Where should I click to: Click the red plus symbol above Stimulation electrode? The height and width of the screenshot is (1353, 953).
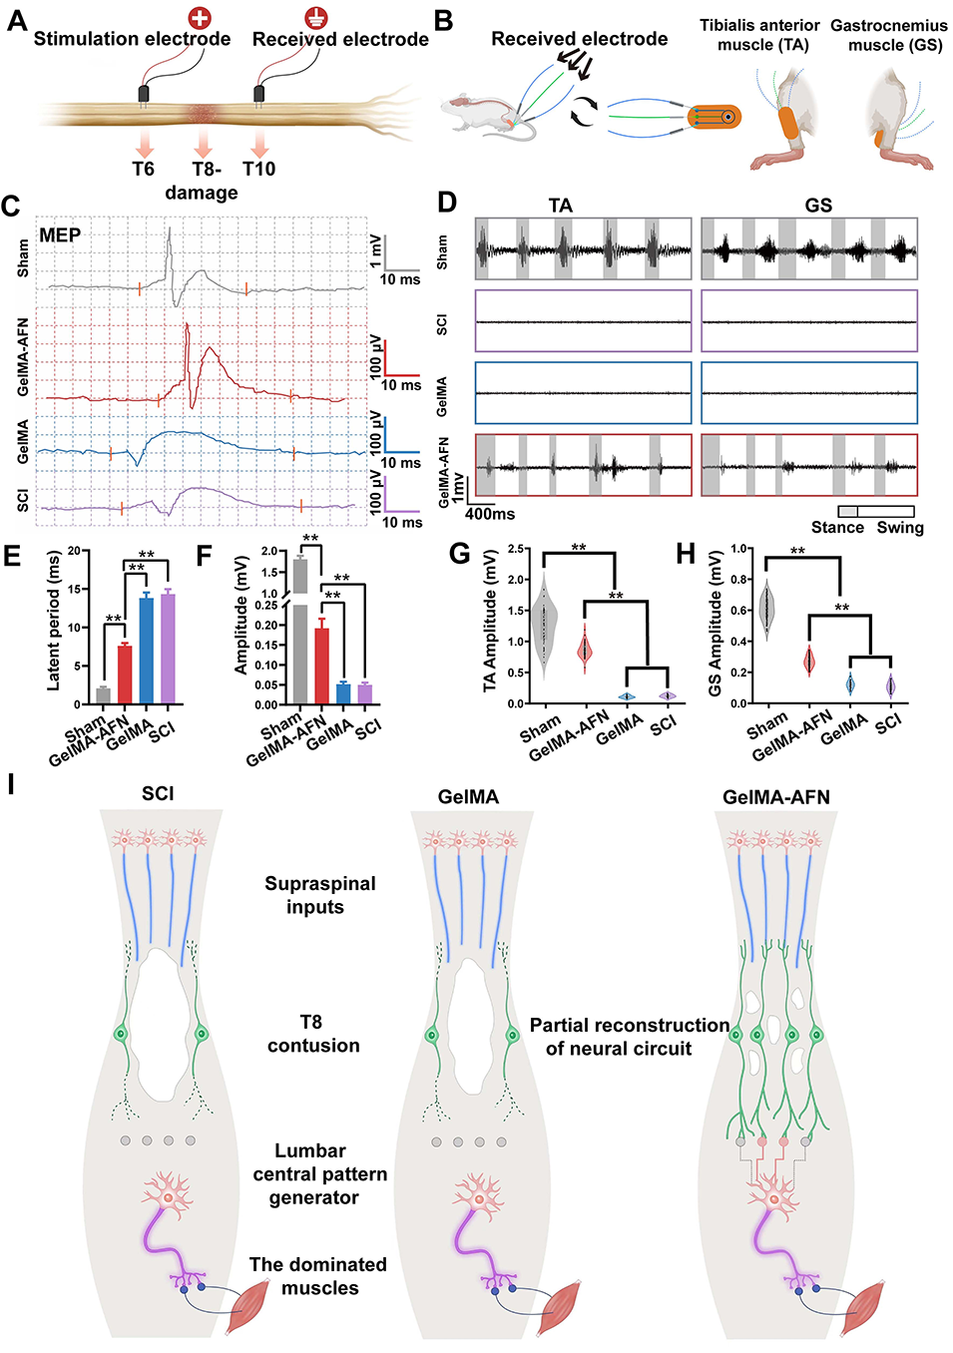click(x=202, y=17)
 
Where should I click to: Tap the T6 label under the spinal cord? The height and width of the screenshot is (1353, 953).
click(x=144, y=169)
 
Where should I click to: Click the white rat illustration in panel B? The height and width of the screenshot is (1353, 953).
click(x=476, y=112)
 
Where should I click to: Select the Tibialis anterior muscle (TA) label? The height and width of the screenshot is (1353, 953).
click(x=759, y=35)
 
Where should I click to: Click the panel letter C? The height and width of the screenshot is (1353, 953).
click(x=11, y=207)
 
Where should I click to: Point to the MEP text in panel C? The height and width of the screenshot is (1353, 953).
click(x=60, y=235)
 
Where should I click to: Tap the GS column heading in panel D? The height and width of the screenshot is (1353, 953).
click(x=818, y=206)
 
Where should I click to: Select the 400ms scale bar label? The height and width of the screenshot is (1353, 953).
click(x=490, y=514)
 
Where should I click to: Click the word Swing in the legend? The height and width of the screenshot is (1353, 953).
click(x=900, y=528)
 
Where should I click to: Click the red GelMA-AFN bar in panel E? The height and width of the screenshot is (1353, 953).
click(x=125, y=675)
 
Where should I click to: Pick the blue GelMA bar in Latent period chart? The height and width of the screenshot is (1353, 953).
click(x=147, y=650)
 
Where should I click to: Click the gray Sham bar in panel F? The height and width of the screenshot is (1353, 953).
click(x=299, y=629)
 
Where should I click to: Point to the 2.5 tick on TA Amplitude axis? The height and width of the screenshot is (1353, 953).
click(x=517, y=549)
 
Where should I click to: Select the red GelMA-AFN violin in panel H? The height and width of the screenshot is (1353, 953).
click(x=809, y=660)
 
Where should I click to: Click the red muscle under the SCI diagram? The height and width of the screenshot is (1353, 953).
click(x=248, y=1308)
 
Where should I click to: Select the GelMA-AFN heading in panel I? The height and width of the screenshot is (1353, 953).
click(x=775, y=797)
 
